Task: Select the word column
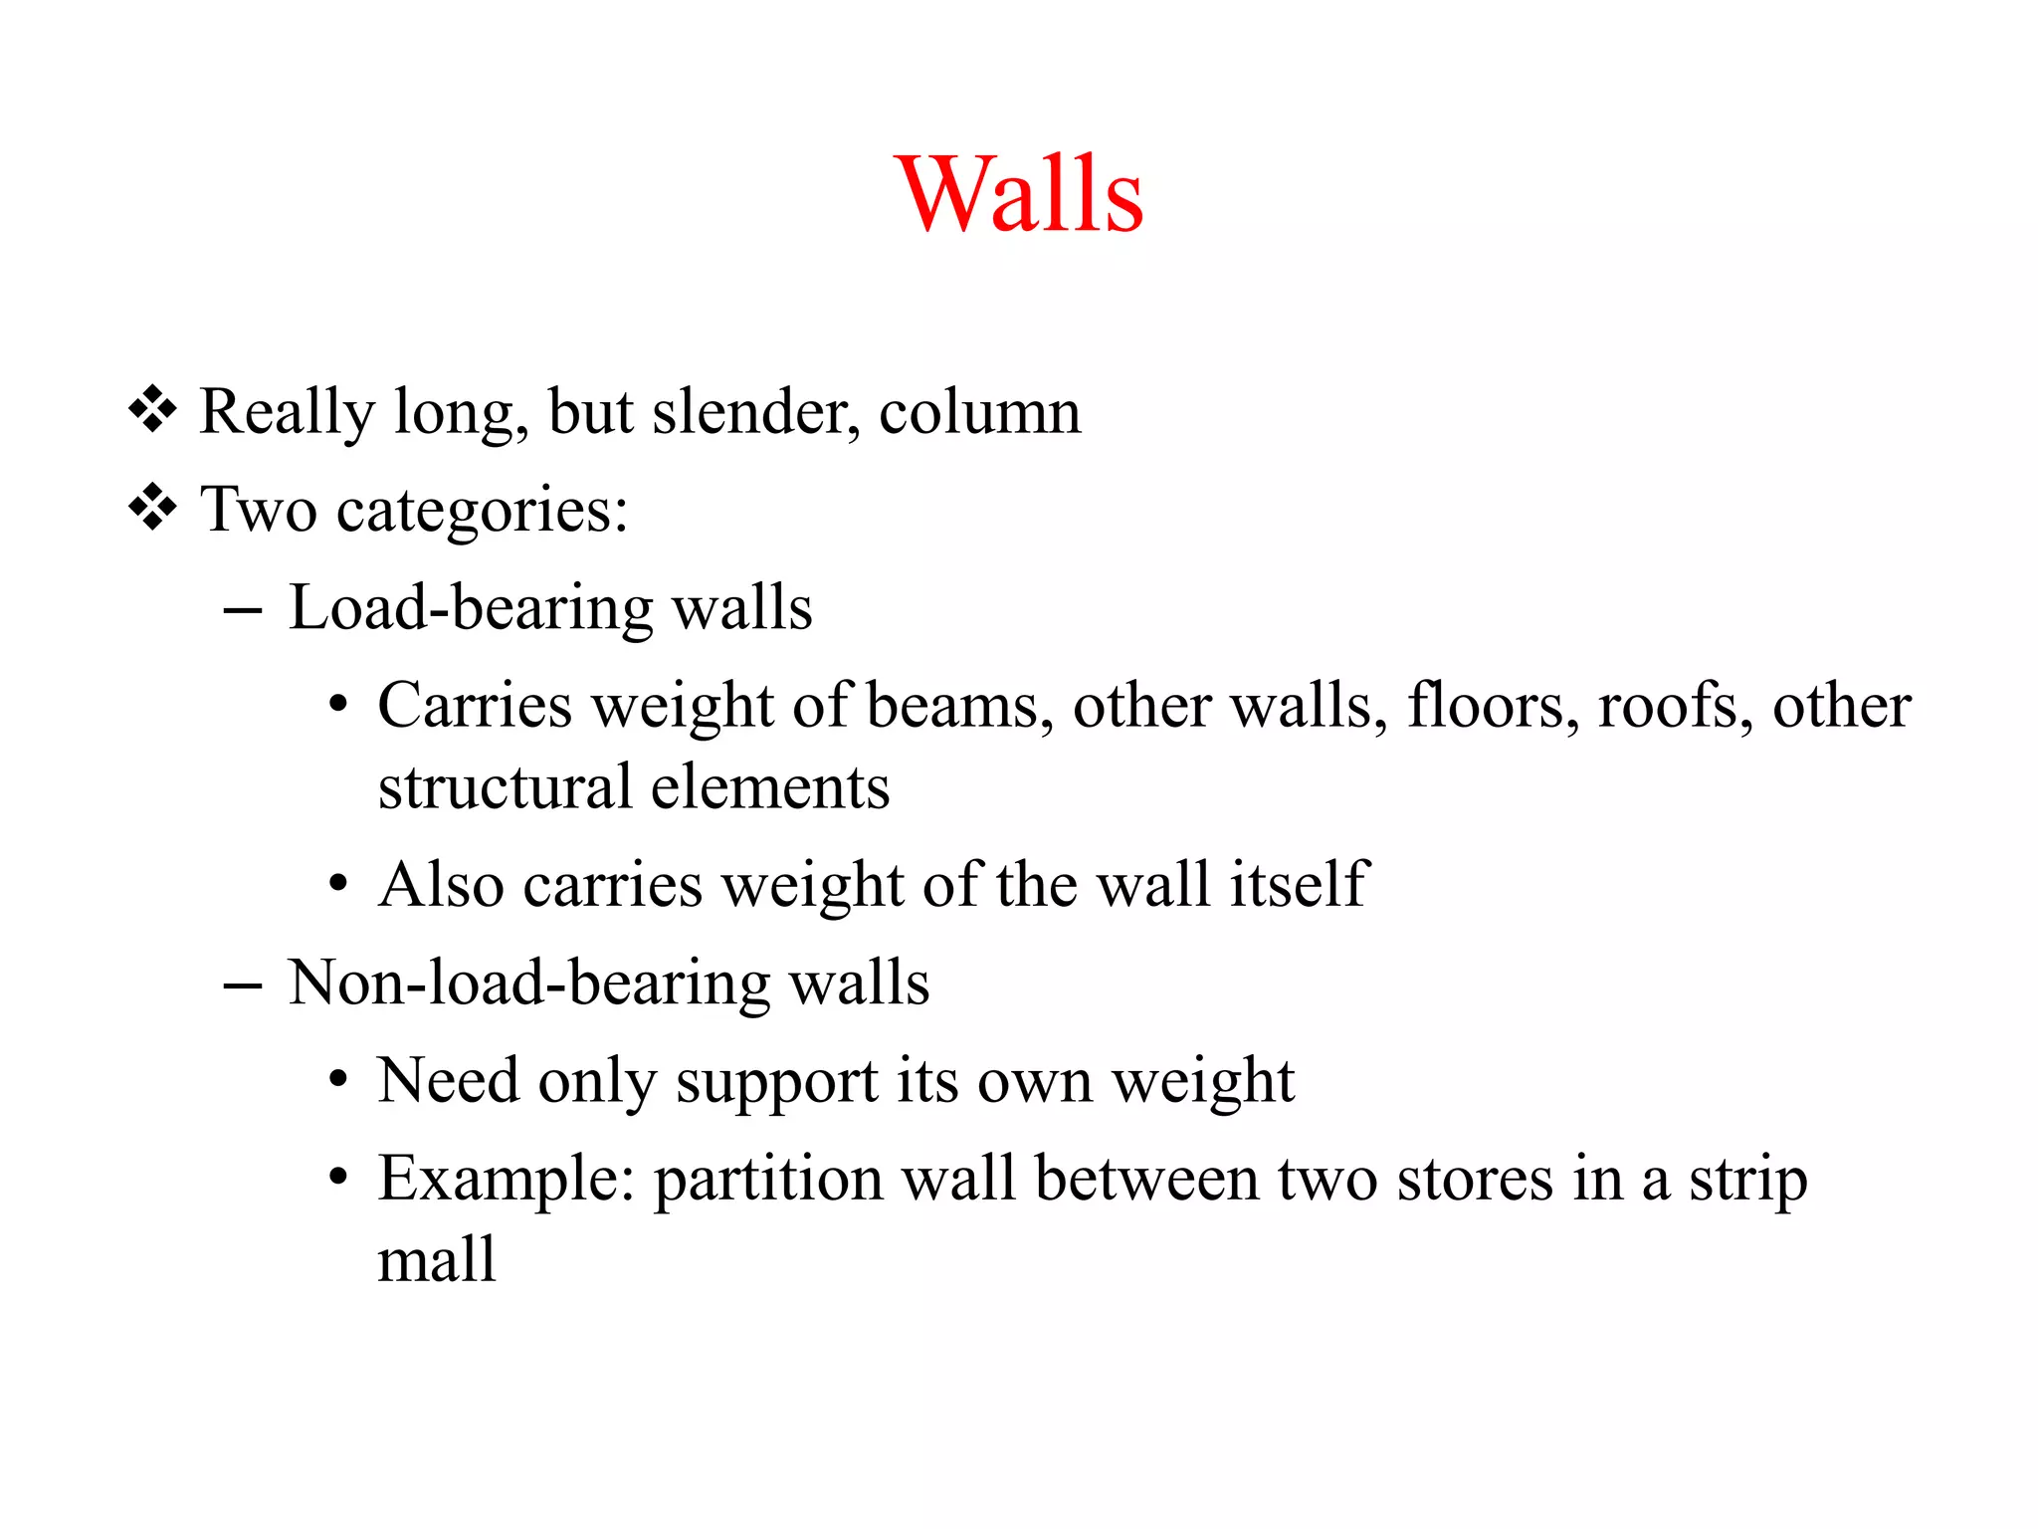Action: pos(979,412)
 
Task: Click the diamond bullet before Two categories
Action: pos(152,509)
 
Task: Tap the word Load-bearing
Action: pos(470,608)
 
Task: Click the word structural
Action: pos(505,787)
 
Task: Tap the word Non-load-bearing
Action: pos(527,983)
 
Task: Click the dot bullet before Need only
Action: pos(338,1081)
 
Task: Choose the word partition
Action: pos(768,1180)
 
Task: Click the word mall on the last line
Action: pos(437,1260)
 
